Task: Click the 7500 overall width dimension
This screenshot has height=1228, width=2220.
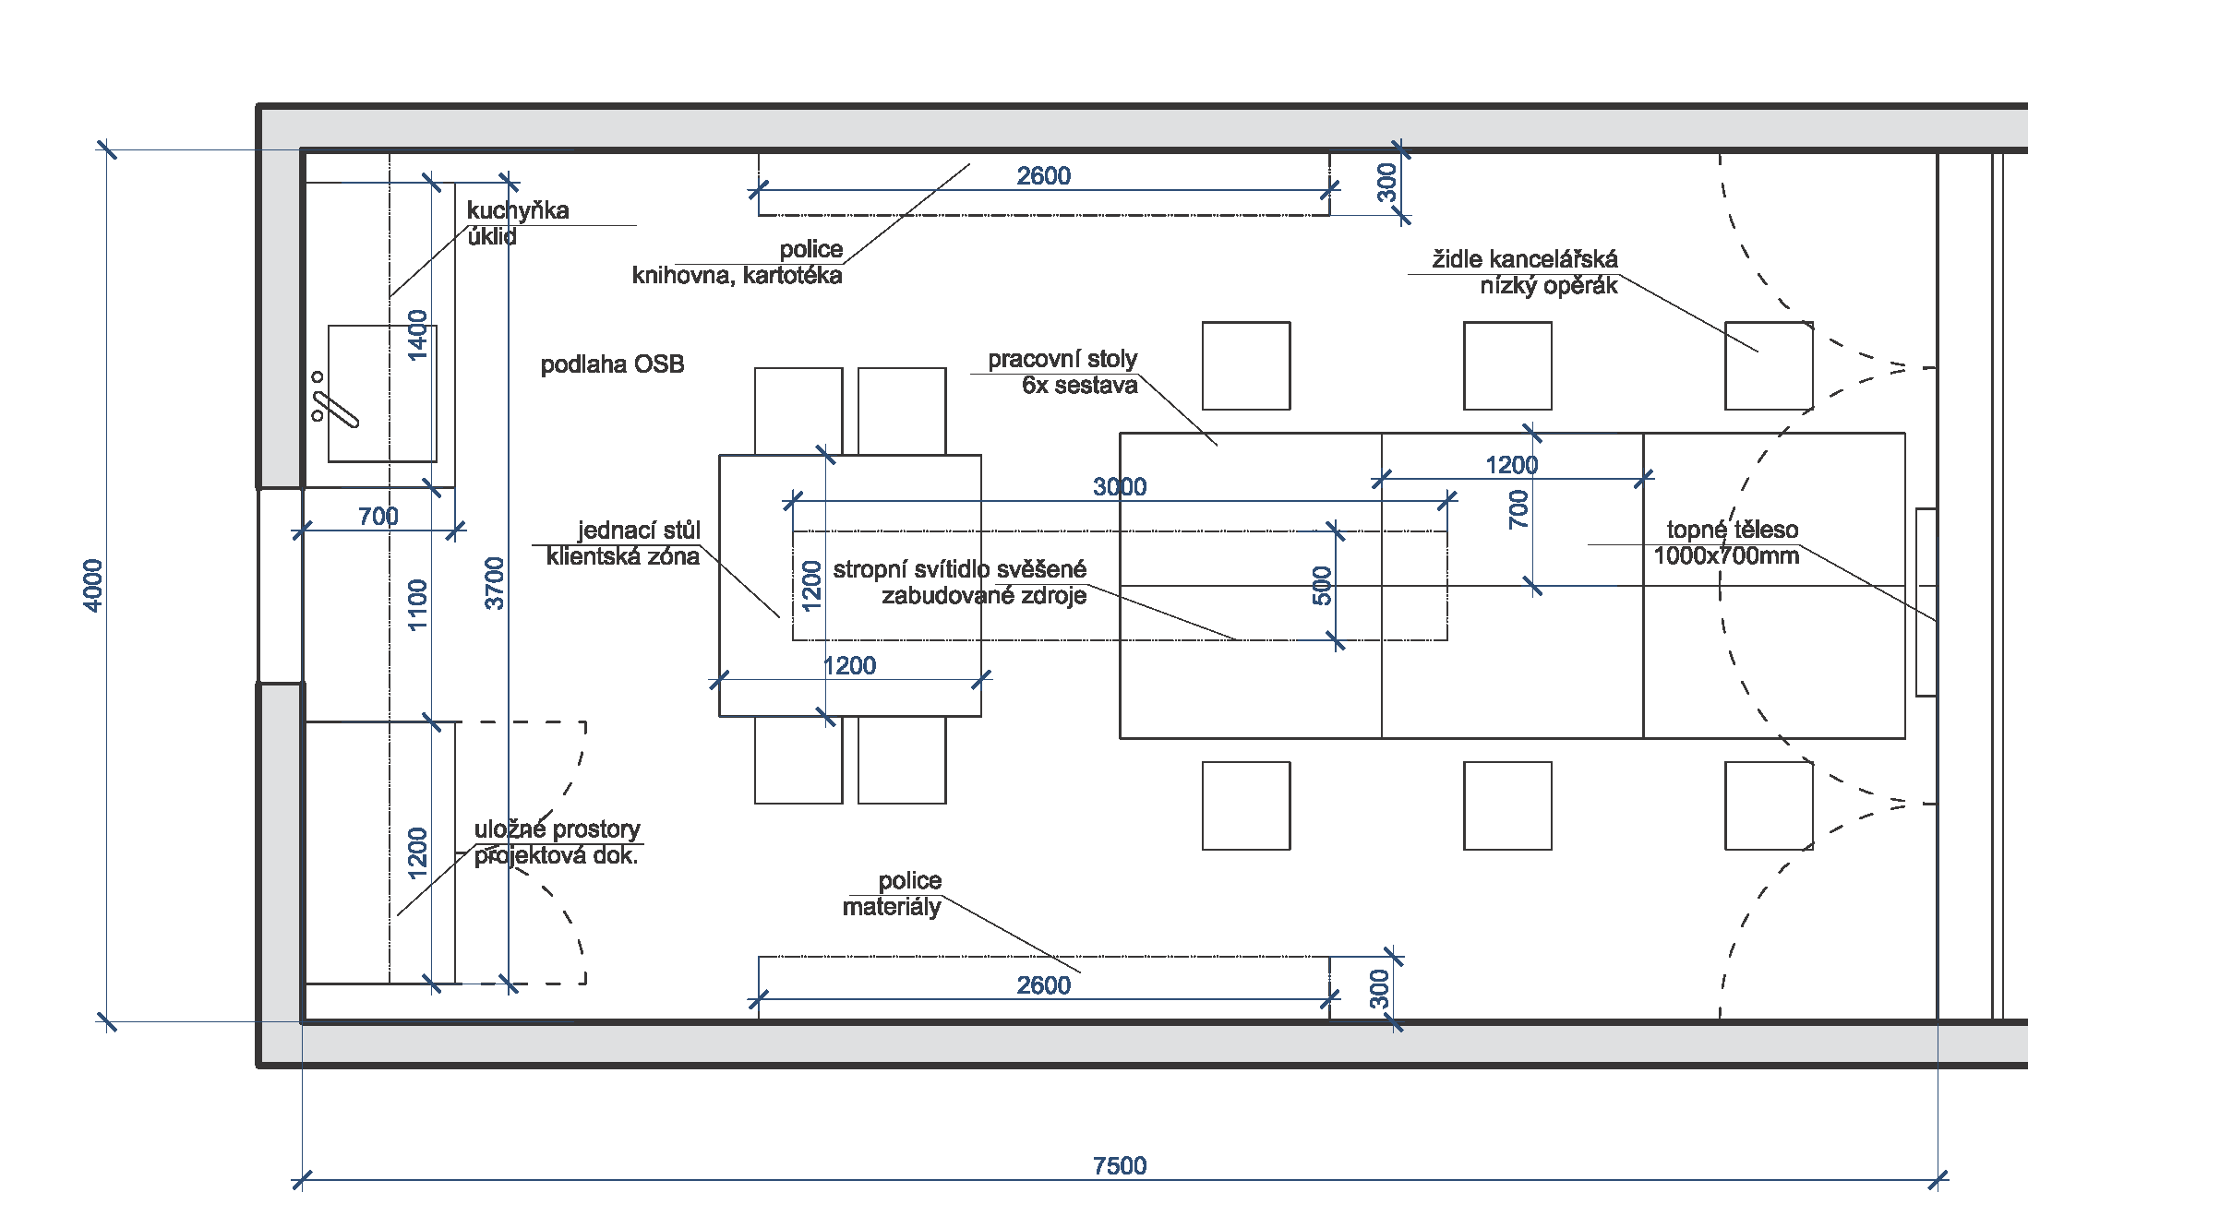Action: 1119,1165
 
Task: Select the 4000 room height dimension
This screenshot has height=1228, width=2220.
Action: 93,585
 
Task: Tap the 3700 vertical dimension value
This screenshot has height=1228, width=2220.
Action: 496,583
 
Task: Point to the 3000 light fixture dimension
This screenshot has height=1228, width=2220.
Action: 1119,486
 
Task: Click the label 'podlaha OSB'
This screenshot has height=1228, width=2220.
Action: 612,364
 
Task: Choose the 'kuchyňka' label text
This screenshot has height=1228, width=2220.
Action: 518,210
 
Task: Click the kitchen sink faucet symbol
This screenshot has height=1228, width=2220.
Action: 332,406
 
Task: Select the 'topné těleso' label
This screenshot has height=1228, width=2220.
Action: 1732,530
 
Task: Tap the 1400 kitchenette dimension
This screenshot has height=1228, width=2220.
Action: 418,335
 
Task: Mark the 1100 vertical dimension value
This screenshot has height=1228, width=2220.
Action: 418,604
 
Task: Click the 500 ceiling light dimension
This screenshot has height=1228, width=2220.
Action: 1322,586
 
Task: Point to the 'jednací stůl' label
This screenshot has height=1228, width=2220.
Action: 639,530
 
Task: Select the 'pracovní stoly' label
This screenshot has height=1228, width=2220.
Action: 1062,359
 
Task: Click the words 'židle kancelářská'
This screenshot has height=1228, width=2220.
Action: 1524,259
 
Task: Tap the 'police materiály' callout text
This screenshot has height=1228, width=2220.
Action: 893,893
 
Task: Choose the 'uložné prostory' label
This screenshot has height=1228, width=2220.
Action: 557,829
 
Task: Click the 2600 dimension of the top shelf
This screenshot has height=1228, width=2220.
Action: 1043,175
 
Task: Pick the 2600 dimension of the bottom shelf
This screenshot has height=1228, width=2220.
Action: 1043,985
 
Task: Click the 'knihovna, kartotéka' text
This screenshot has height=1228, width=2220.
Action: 737,276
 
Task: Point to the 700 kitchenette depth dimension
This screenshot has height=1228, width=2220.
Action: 378,516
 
